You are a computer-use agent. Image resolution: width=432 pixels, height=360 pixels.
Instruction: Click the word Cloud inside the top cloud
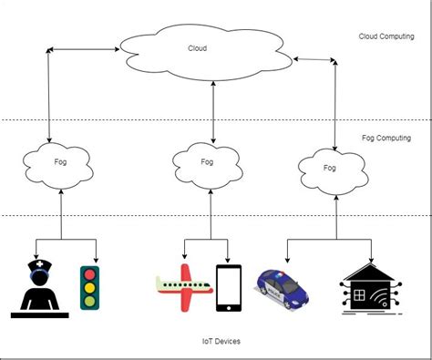[198, 49]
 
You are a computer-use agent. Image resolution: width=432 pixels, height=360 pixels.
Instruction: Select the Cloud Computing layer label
[386, 36]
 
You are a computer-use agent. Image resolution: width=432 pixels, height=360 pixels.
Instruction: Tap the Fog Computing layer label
[386, 138]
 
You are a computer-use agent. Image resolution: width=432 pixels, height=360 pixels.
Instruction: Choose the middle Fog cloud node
[207, 161]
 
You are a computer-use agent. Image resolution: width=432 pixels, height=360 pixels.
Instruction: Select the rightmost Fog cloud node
[329, 169]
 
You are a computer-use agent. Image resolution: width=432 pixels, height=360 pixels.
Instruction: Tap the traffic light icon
[89, 286]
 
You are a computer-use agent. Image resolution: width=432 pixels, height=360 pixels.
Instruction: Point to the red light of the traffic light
[89, 273]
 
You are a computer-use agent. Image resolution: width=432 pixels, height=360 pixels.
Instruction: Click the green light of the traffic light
[89, 300]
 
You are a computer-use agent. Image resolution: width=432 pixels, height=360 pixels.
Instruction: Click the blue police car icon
[283, 286]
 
